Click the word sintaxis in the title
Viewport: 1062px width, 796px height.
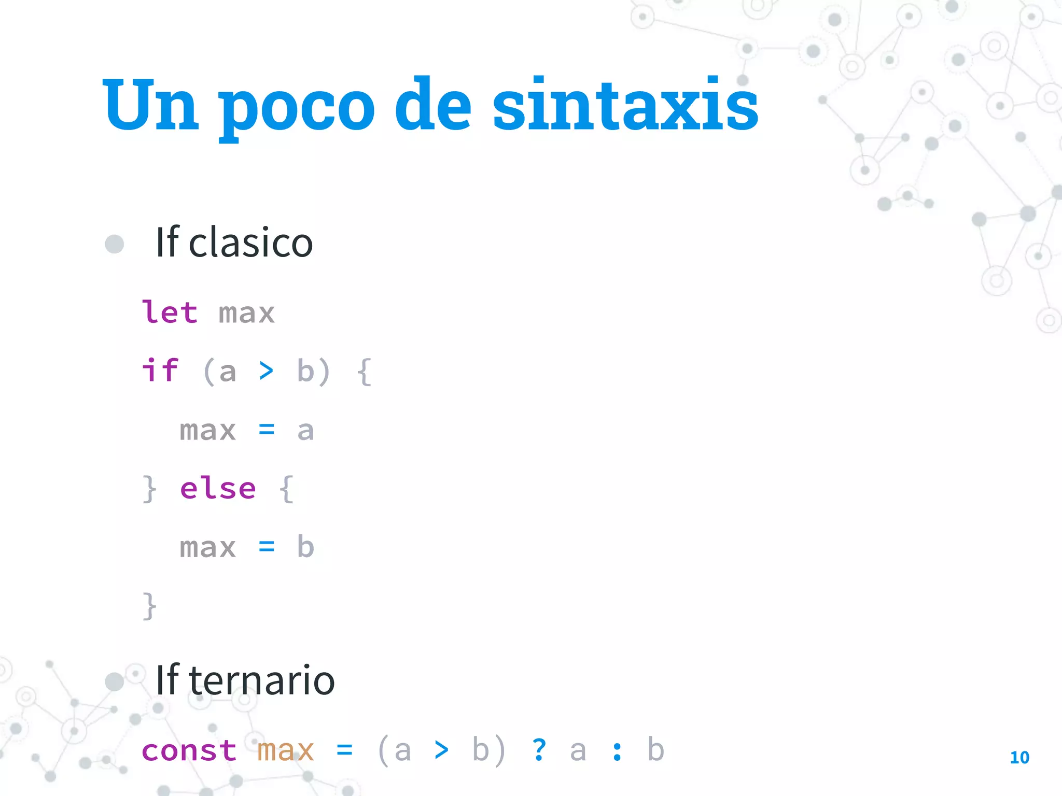pos(625,105)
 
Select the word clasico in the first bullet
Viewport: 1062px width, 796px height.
pos(250,243)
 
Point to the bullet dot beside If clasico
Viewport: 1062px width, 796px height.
pos(114,244)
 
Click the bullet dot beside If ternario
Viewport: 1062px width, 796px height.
pos(114,682)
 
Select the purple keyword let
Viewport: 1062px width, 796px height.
pos(170,312)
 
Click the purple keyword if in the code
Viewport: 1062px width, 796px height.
pos(160,371)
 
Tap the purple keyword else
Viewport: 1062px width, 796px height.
pos(218,488)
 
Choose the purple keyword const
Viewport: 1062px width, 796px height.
pos(189,750)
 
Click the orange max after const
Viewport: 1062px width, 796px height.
pos(286,750)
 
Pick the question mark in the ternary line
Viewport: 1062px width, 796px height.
pos(539,749)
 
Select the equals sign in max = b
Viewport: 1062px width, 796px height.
pos(267,546)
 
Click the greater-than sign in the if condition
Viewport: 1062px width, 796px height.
pos(266,371)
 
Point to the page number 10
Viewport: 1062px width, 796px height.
pos(1019,758)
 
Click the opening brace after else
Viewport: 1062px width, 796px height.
pos(286,489)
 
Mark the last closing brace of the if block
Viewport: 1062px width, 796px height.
pos(149,606)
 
